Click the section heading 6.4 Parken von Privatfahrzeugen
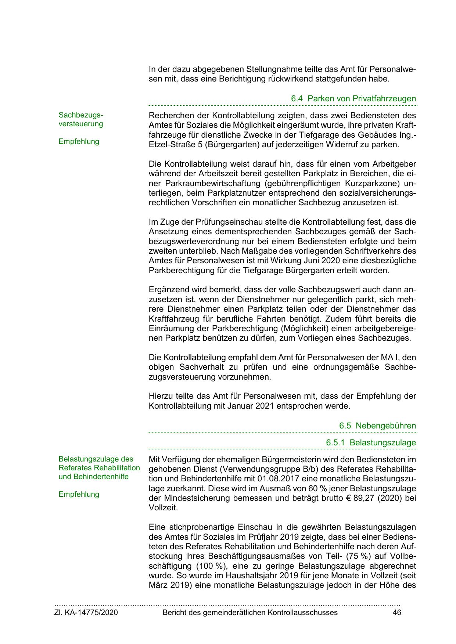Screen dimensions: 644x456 tap(353, 98)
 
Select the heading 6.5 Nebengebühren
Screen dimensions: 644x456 tap(377, 426)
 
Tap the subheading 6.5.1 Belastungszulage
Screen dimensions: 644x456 tap(371, 443)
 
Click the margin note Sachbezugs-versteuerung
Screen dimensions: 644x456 tap(81, 119)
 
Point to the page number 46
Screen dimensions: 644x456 tap(396, 612)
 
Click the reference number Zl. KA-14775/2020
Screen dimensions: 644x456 tap(86, 612)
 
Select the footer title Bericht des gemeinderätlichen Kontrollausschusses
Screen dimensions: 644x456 tap(250, 612)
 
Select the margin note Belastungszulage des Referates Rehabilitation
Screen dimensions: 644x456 tap(99, 468)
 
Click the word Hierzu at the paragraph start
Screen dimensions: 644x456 tap(160, 397)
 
